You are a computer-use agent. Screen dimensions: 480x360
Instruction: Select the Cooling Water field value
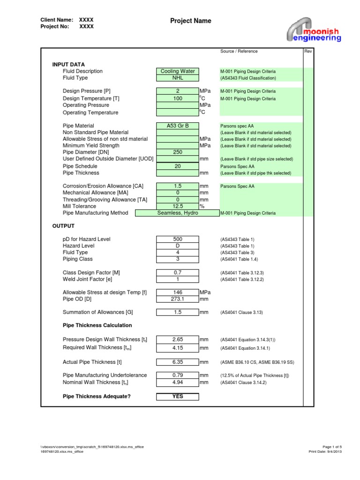point(178,71)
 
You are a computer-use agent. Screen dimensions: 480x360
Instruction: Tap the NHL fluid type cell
point(178,78)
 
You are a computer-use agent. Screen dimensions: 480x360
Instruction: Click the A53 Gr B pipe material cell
point(178,126)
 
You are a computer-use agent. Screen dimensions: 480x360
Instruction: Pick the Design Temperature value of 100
point(178,98)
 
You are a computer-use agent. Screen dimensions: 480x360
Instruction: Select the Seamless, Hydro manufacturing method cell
point(178,213)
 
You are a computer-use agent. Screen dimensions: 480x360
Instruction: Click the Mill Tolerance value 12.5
point(178,206)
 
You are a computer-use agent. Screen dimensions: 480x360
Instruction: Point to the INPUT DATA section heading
point(68,64)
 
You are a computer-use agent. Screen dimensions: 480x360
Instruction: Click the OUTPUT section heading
point(63,226)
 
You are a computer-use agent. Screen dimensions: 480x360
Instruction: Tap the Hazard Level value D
point(178,246)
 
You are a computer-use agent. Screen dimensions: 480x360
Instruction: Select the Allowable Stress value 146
point(178,292)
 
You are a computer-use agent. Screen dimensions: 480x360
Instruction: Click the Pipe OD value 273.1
point(178,299)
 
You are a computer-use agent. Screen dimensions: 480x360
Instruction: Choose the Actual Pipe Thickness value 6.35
point(178,362)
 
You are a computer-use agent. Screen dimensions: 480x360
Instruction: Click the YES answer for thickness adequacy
point(178,397)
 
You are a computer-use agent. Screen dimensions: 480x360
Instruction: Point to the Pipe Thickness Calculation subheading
point(97,325)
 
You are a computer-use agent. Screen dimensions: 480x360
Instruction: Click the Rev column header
point(308,52)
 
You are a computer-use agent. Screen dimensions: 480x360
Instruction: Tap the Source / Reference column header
point(239,52)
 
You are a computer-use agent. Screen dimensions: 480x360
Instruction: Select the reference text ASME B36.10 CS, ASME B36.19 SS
point(257,362)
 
